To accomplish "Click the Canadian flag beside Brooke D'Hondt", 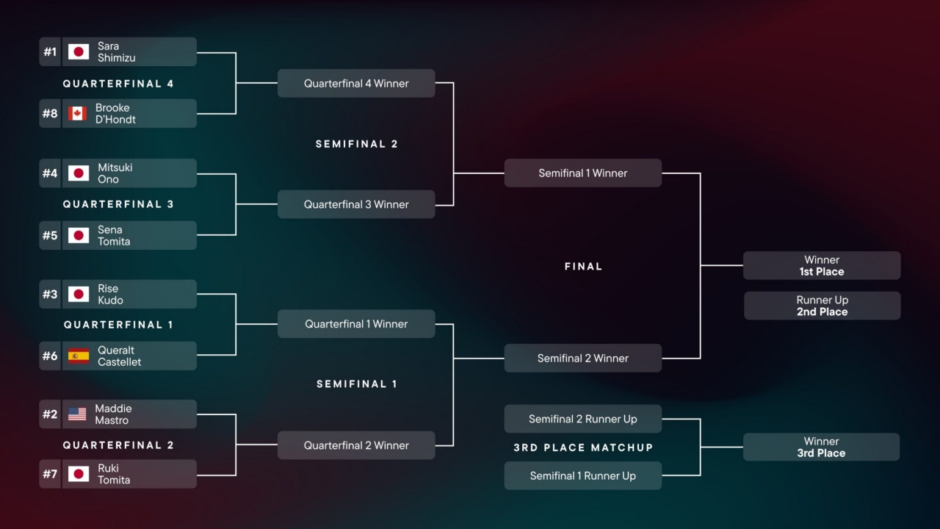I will [78, 114].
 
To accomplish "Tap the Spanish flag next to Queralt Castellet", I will [79, 356].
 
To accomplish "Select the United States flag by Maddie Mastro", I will [77, 414].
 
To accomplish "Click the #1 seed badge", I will [50, 52].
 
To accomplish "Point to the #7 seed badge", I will [50, 475].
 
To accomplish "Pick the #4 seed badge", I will [50, 174].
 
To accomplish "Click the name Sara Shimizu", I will [116, 52].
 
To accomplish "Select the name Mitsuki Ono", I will [115, 173].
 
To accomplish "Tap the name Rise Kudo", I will [110, 295].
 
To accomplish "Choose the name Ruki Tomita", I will [114, 475].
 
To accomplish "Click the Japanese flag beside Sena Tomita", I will [79, 236].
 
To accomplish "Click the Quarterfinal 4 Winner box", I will [356, 84].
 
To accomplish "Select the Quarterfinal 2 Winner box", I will [356, 445].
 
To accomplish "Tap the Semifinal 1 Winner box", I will [582, 173].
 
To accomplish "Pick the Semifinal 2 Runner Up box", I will [582, 420].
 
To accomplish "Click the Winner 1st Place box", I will [822, 266].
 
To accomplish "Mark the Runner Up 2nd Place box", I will [822, 306].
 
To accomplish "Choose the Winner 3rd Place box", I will [821, 447].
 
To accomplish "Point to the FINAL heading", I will [583, 267].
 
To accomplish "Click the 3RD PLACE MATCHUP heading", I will [583, 447].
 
